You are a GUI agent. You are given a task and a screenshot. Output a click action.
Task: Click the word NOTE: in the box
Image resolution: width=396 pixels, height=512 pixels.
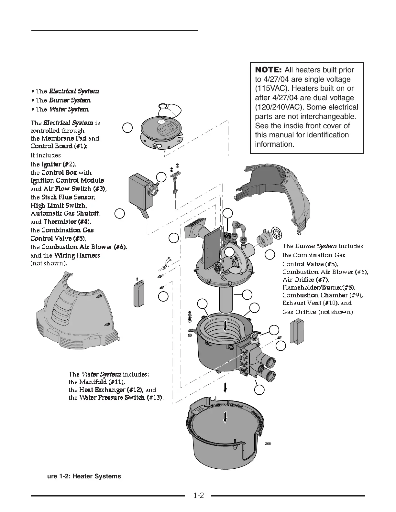[x=269, y=70]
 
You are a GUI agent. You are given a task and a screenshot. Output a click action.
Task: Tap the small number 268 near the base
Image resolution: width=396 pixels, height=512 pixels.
[x=268, y=443]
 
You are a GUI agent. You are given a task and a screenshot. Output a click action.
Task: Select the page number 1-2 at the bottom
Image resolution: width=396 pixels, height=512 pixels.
[x=198, y=496]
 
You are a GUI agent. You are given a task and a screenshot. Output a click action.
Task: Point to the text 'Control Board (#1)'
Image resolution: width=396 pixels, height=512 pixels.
[x=59, y=146]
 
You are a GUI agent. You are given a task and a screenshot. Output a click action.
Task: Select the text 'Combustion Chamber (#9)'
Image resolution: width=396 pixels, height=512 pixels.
[x=322, y=295]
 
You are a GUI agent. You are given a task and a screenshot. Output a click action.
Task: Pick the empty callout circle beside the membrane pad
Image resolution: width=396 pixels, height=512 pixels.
[x=127, y=128]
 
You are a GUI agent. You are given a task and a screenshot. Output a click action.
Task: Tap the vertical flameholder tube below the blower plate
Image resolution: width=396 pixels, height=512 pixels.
[x=226, y=299]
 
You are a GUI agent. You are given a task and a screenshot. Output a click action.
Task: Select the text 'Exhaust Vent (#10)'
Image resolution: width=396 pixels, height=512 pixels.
[x=310, y=303]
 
